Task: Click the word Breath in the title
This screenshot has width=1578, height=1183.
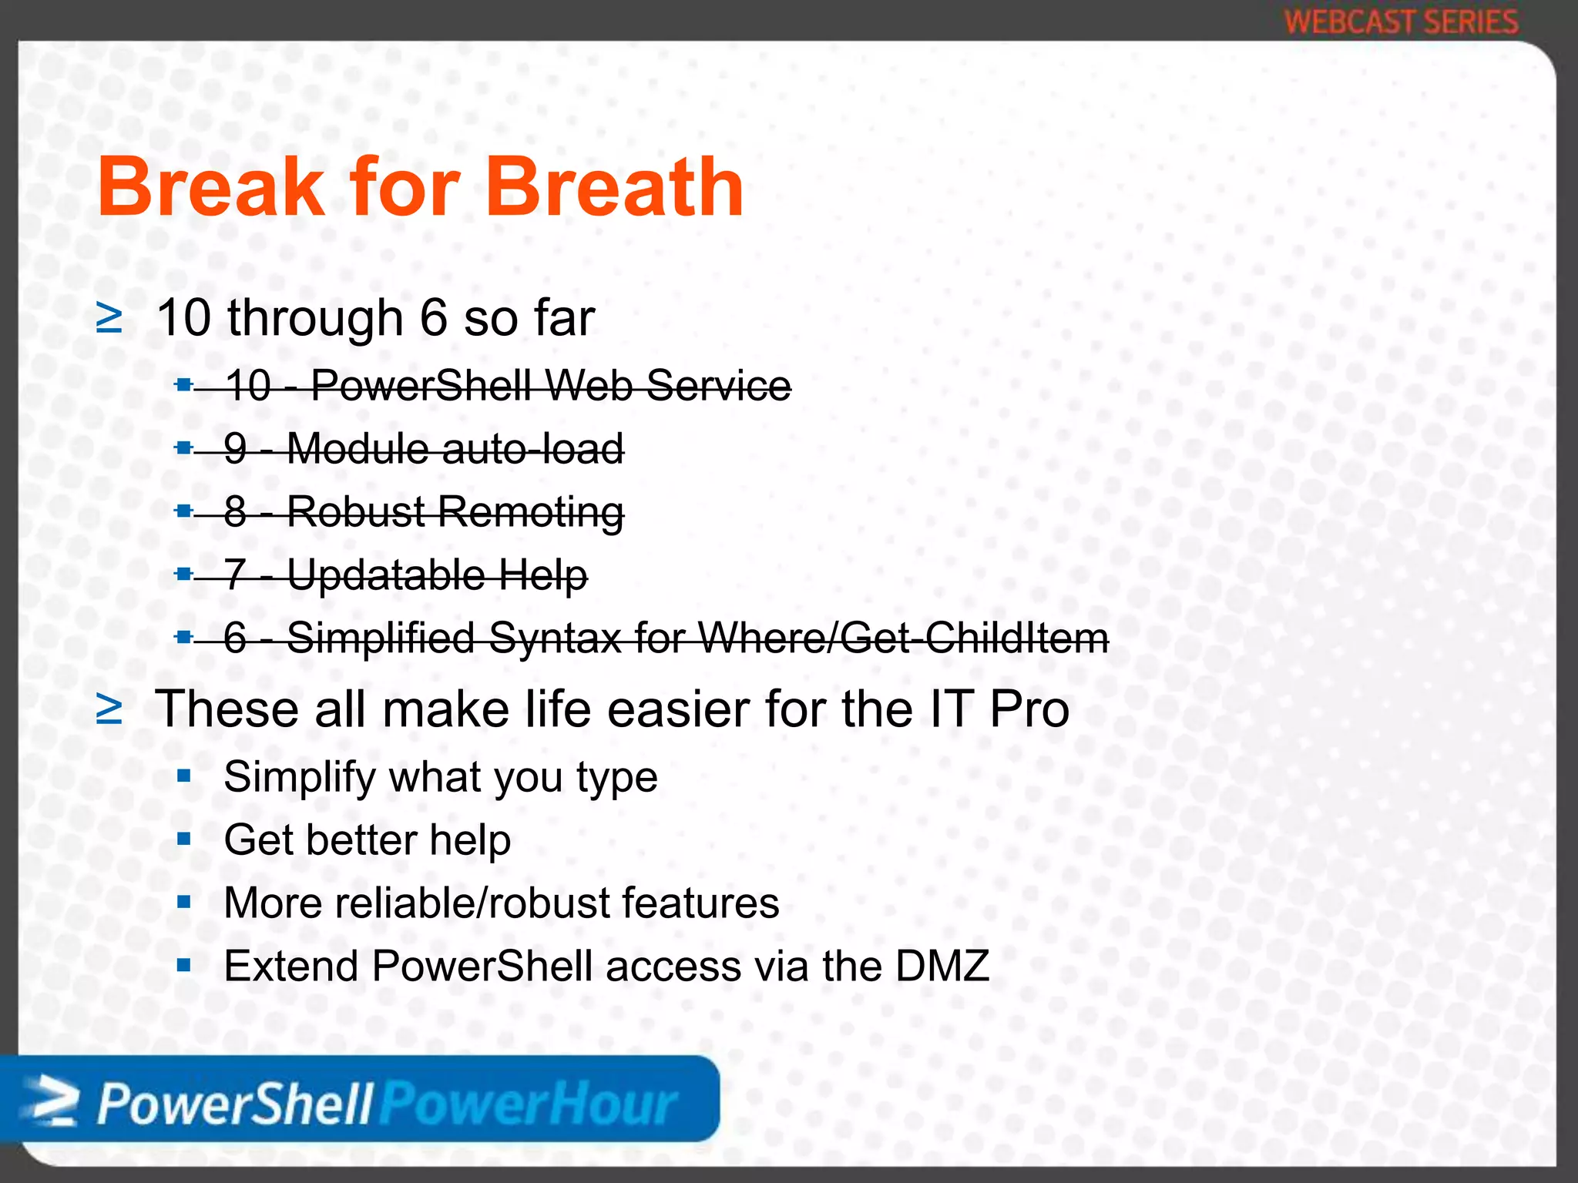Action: tap(614, 188)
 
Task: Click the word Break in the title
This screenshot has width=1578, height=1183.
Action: tap(210, 188)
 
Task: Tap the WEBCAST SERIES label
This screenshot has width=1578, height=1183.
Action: tap(1401, 22)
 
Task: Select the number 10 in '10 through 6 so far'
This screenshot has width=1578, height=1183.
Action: tap(183, 317)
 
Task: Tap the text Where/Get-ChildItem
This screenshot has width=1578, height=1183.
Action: tap(903, 638)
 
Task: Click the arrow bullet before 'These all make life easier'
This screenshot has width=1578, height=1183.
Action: tap(109, 709)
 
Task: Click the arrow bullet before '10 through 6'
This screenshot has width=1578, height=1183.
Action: tap(109, 318)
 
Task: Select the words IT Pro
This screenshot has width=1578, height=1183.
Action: tap(999, 709)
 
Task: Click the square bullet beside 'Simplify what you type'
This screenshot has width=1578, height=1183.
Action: tap(183, 776)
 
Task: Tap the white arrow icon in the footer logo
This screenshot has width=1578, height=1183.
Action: tap(51, 1102)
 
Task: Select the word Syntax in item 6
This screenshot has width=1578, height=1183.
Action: tap(555, 638)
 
